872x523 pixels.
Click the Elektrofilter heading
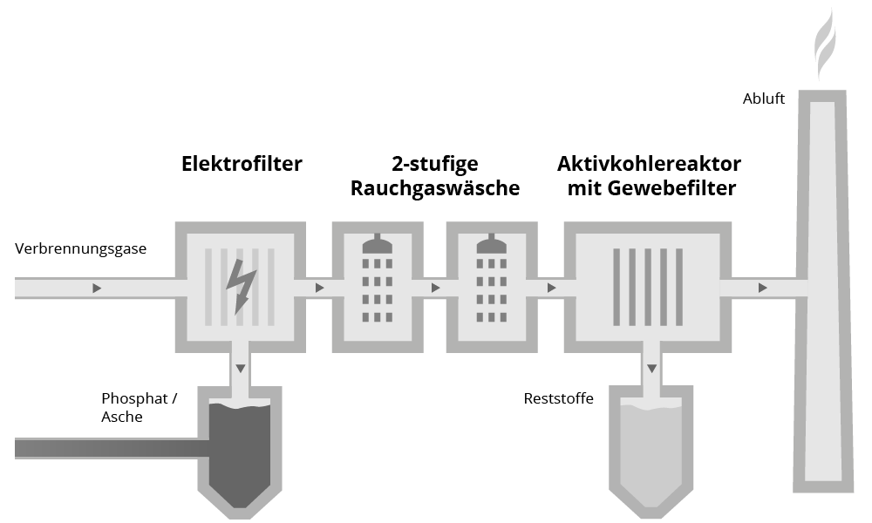pyautogui.click(x=242, y=164)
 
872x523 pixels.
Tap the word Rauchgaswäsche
pyautogui.click(x=435, y=188)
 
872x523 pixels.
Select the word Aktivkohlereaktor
pyautogui.click(x=650, y=164)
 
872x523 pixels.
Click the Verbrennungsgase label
pyautogui.click(x=81, y=249)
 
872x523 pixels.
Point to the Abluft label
pyautogui.click(x=764, y=99)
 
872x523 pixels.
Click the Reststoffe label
pyautogui.click(x=559, y=399)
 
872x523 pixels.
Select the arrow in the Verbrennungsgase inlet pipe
pyautogui.click(x=97, y=288)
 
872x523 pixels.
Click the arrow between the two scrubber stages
pyautogui.click(x=433, y=288)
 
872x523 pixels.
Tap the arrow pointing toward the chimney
pyautogui.click(x=763, y=288)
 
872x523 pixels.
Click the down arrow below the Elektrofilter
pyautogui.click(x=240, y=369)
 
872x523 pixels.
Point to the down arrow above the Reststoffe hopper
pyautogui.click(x=650, y=369)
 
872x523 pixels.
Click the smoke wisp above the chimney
pyautogui.click(x=824, y=44)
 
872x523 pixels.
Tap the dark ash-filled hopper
pyautogui.click(x=240, y=449)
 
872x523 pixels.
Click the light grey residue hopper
pyautogui.click(x=650, y=449)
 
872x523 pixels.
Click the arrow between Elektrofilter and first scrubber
pyautogui.click(x=320, y=288)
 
